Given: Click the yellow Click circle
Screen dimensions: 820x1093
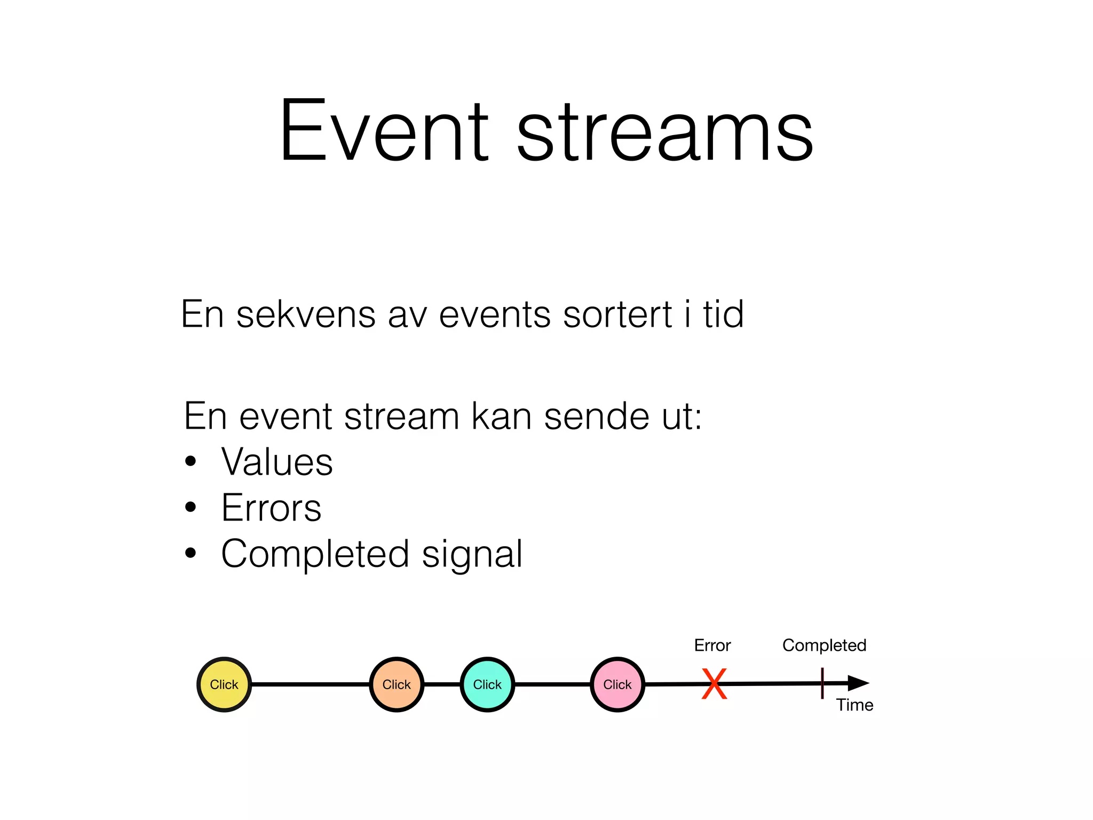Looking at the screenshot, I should [x=224, y=684].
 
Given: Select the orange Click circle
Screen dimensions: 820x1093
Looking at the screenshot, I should [x=397, y=684].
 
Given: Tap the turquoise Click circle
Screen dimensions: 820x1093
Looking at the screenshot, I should [x=487, y=684].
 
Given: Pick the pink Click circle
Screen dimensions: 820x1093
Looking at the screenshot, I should [x=617, y=684].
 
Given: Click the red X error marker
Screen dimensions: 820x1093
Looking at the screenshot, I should [x=714, y=684].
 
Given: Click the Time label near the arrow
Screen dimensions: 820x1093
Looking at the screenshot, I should [x=854, y=705].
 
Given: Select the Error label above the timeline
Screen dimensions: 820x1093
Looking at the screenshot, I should [x=712, y=645].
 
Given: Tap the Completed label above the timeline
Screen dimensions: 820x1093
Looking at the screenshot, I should [x=824, y=645].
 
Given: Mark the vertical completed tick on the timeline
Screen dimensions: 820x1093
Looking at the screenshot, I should [x=822, y=683].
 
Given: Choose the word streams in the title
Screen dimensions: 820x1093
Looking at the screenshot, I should [x=665, y=132].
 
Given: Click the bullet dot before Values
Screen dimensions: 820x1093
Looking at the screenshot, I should [x=191, y=461].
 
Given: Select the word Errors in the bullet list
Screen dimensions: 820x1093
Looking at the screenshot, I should [x=271, y=508].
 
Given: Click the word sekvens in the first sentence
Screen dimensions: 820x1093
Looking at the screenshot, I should [x=306, y=314].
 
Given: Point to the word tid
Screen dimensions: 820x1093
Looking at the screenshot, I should [x=723, y=314].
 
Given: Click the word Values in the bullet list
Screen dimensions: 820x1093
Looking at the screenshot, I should [x=277, y=462].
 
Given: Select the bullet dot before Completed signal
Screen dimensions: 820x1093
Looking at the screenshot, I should [x=191, y=554].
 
